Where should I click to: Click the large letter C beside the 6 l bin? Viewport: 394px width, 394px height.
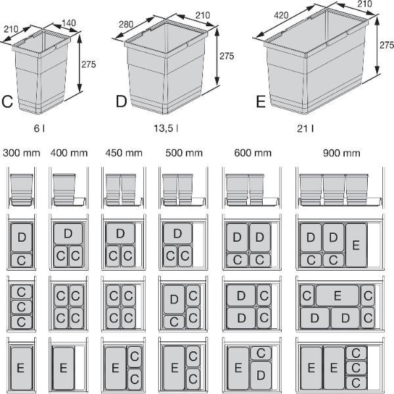click(7, 102)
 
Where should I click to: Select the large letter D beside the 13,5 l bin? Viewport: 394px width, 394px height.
click(121, 102)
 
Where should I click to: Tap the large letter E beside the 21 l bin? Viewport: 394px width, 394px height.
click(261, 102)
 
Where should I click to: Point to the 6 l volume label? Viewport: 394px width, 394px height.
click(39, 129)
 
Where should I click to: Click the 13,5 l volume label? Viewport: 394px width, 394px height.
click(166, 129)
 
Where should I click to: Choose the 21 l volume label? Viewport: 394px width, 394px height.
click(305, 129)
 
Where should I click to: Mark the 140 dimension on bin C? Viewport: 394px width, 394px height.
click(69, 23)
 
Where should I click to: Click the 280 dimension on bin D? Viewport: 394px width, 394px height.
click(126, 24)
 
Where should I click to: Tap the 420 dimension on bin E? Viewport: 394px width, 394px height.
click(281, 15)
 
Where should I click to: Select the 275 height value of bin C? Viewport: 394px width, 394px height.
click(89, 64)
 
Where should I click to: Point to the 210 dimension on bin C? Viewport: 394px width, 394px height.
click(11, 29)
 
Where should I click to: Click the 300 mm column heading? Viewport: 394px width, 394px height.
click(22, 153)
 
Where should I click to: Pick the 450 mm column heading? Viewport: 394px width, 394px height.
click(124, 153)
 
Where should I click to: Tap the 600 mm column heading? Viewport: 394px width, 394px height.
click(253, 153)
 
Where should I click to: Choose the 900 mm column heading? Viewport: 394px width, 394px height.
click(341, 153)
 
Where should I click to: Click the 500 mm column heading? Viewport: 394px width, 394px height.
click(184, 153)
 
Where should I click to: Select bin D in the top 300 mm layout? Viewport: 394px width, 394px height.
click(22, 237)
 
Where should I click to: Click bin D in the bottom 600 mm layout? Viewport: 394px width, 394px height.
click(261, 376)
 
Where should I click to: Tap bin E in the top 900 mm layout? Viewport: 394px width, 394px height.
click(356, 245)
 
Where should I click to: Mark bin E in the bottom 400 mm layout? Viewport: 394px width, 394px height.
click(64, 368)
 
